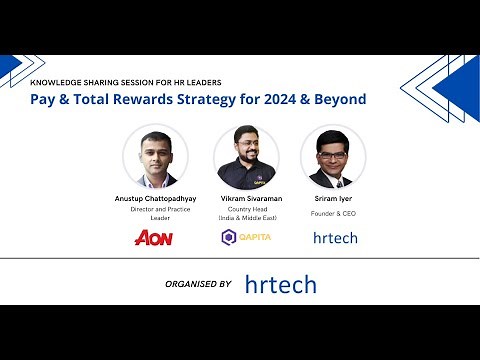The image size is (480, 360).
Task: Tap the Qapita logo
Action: (245, 237)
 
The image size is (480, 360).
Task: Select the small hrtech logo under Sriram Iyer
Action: (334, 237)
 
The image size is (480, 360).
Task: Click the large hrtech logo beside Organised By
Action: (280, 285)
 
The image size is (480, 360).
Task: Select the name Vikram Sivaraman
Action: (245, 199)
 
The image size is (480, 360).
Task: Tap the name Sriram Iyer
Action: (333, 199)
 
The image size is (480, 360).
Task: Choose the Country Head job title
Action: (245, 210)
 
